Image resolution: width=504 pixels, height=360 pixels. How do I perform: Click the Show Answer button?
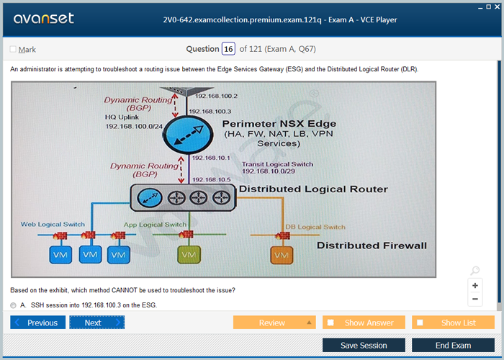(x=364, y=323)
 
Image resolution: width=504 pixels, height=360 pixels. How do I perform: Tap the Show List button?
(x=453, y=323)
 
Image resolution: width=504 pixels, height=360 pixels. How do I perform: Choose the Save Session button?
(x=364, y=346)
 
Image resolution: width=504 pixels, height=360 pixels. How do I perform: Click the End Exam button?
(x=453, y=346)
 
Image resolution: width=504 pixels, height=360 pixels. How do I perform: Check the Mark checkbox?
(x=13, y=49)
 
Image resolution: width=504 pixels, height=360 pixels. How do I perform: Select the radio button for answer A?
(x=14, y=305)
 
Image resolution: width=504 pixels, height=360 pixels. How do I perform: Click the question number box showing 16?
(x=228, y=49)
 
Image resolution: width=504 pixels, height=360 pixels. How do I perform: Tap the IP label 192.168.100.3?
(x=210, y=112)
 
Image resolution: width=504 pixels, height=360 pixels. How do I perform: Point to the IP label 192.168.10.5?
(x=212, y=179)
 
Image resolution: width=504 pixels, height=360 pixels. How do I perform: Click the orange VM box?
(x=282, y=256)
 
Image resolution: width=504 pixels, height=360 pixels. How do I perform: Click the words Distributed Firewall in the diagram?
(x=372, y=246)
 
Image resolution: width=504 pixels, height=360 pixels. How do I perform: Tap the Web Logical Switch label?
(x=53, y=225)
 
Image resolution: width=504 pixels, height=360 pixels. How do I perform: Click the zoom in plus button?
(x=475, y=285)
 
